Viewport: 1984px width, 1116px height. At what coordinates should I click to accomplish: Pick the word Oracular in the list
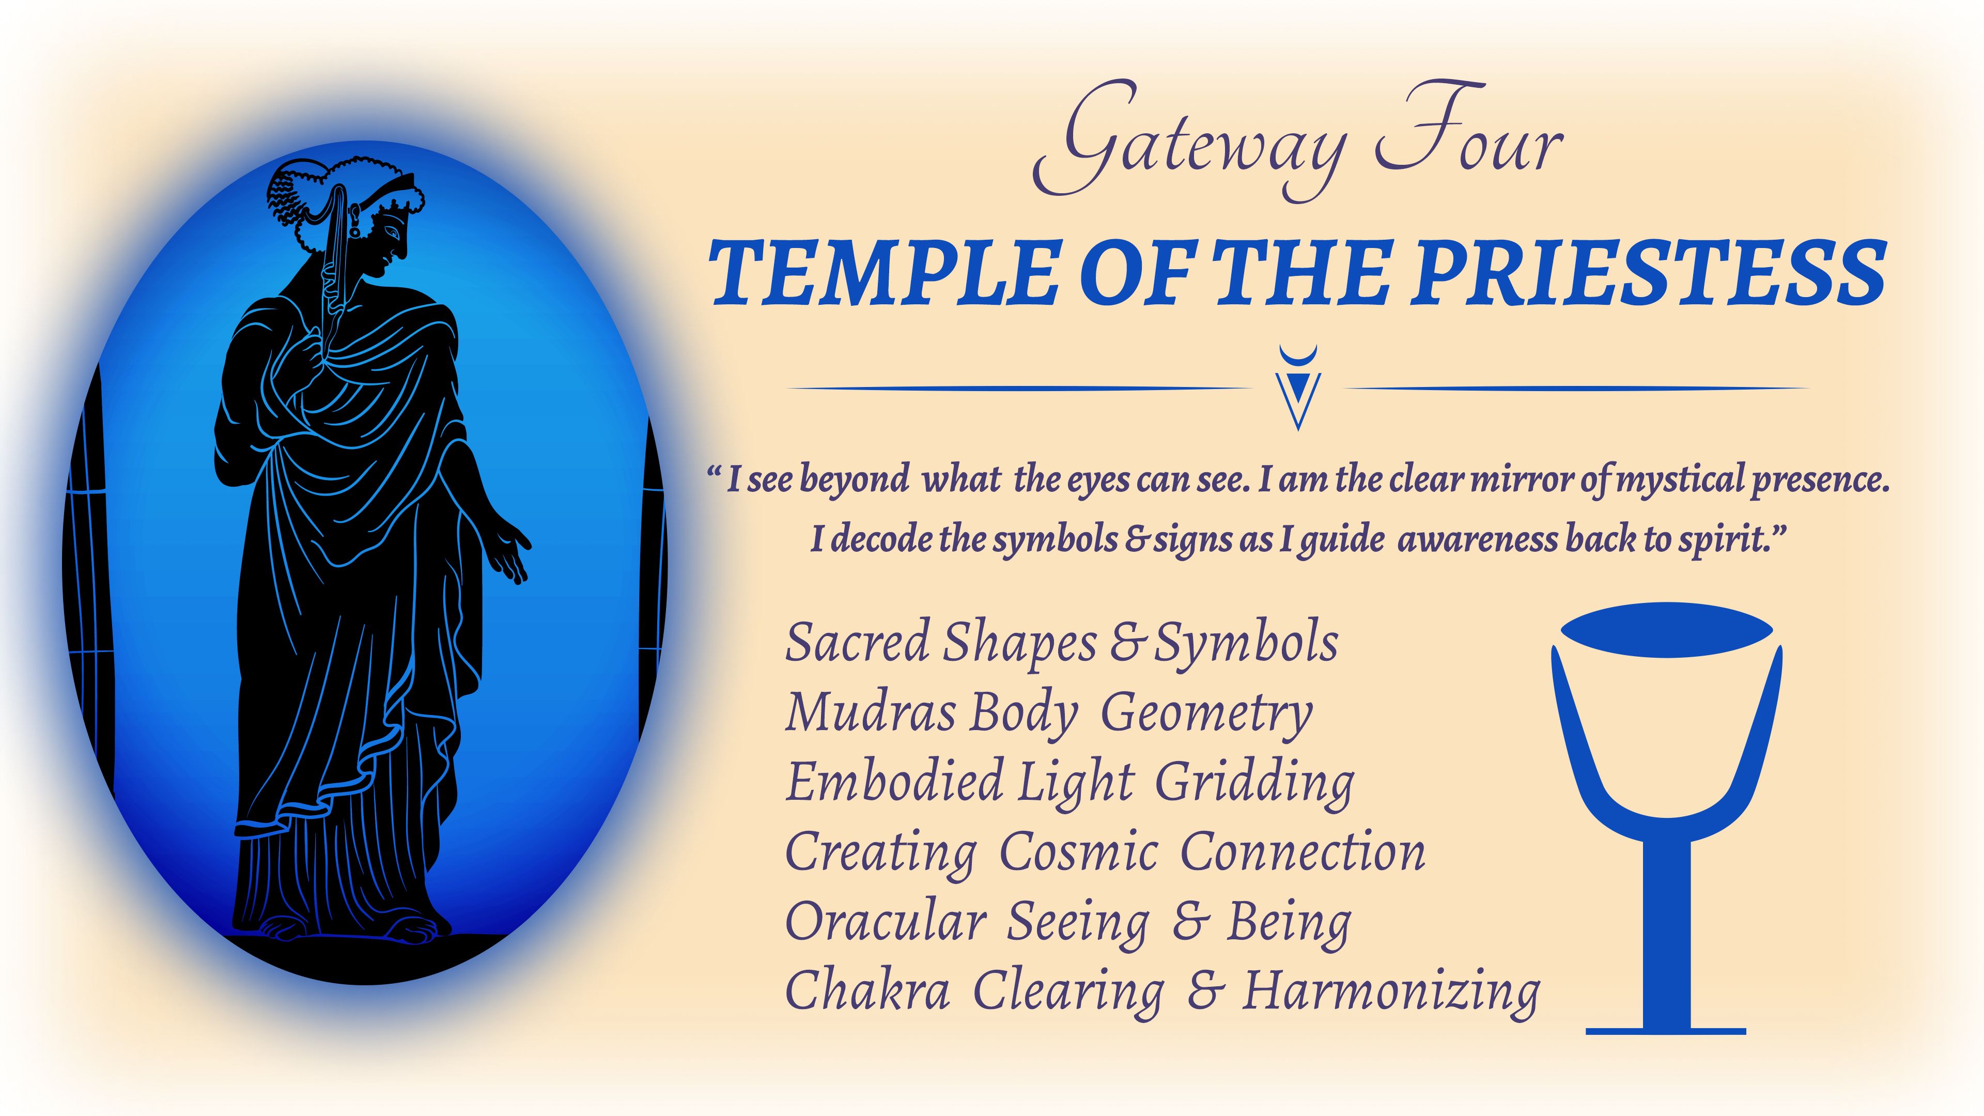(x=886, y=922)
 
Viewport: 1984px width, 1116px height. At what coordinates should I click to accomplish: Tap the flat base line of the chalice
(x=1666, y=1031)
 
